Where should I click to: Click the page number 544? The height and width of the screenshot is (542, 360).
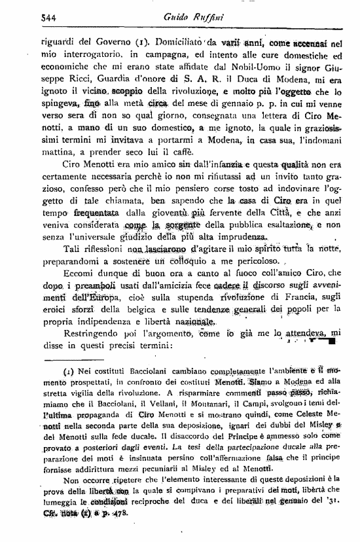pyautogui.click(x=31, y=19)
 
